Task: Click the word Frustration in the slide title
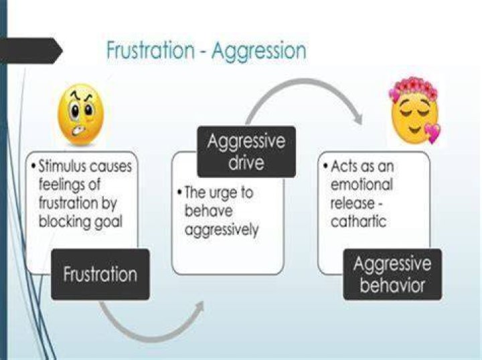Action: [x=151, y=50]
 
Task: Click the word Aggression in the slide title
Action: [x=259, y=52]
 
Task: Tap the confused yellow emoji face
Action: [x=81, y=114]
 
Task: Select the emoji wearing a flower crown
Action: [x=414, y=110]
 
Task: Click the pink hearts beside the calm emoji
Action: [x=433, y=132]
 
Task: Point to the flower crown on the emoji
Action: [x=413, y=86]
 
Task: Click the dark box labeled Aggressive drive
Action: [x=246, y=152]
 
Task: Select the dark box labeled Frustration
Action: [x=100, y=274]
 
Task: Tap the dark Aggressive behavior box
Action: [x=392, y=274]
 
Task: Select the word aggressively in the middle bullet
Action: [x=222, y=230]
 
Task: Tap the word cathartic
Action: [x=358, y=221]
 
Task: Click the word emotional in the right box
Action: [x=361, y=184]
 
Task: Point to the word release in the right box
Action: [x=352, y=203]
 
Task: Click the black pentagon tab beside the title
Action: [x=31, y=51]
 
